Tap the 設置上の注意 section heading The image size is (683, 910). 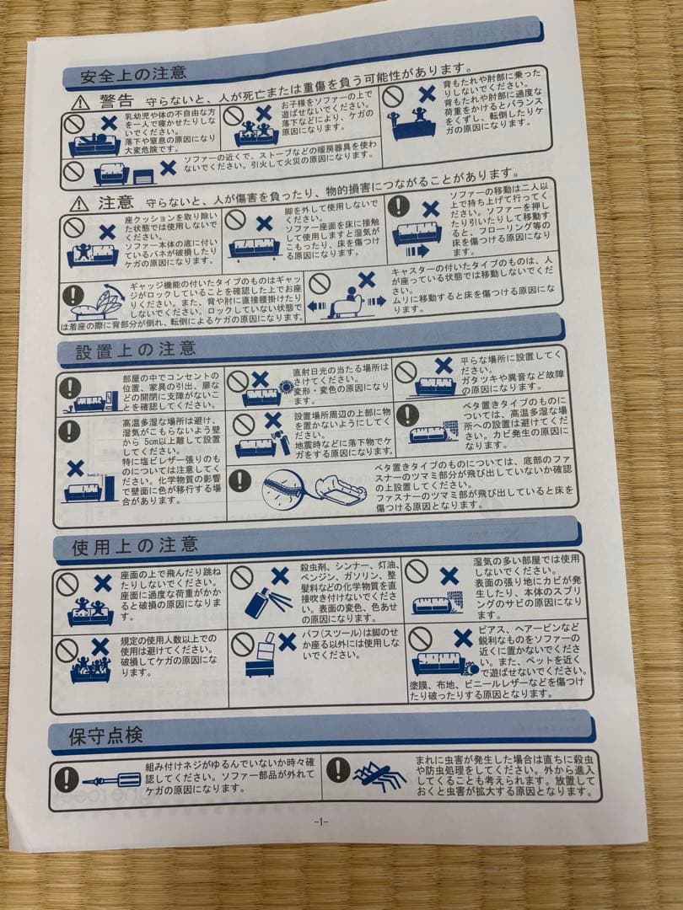point(136,350)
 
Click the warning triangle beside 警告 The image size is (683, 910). point(79,103)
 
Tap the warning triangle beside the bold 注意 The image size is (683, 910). point(78,203)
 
